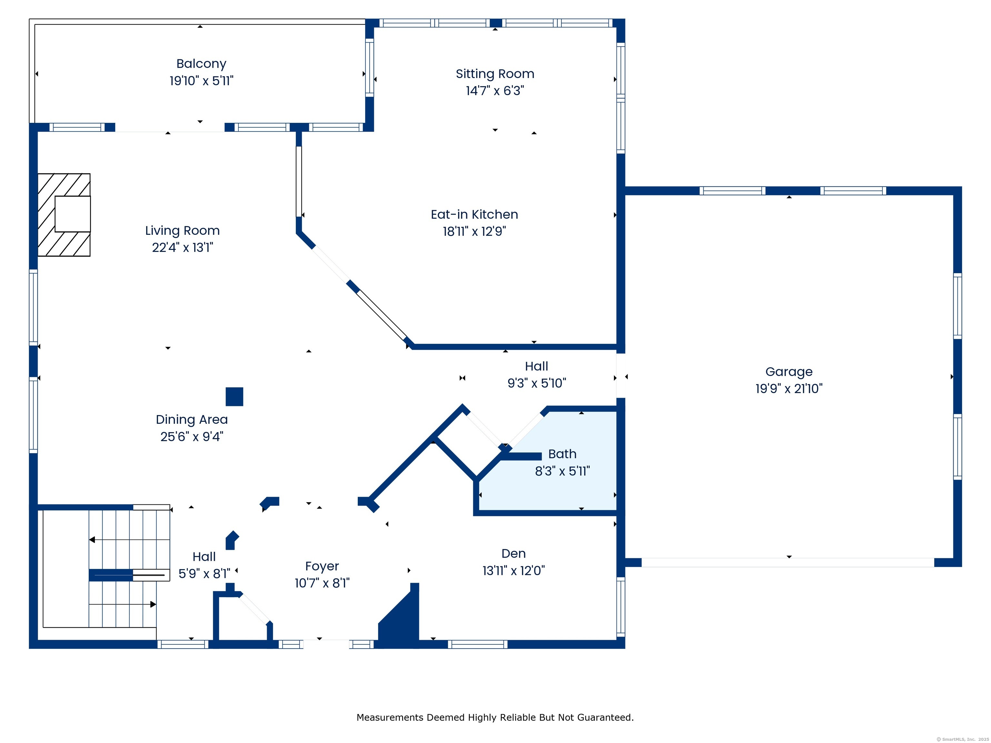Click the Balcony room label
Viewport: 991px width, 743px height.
(201, 64)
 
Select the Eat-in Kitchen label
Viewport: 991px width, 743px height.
(475, 214)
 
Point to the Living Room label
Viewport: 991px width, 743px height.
(182, 231)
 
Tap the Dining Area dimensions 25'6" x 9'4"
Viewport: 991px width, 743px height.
(192, 437)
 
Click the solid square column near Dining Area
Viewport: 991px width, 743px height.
(234, 397)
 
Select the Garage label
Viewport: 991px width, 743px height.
(789, 372)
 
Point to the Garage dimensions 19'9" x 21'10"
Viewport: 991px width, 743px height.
(789, 389)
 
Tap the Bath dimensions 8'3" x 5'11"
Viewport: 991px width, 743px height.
(562, 471)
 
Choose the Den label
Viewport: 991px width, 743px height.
(514, 554)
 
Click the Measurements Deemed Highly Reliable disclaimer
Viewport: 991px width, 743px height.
(495, 718)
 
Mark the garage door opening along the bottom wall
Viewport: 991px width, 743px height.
(788, 562)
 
